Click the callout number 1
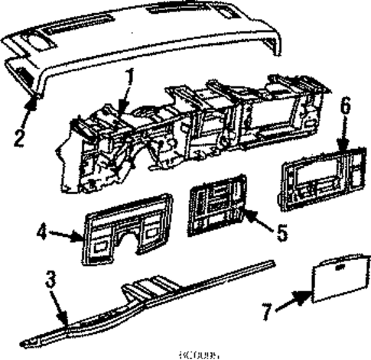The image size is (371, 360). (131, 77)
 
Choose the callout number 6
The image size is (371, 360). (345, 128)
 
